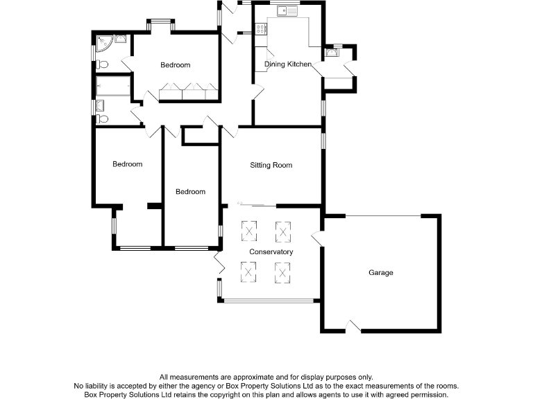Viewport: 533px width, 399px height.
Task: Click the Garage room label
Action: point(380,272)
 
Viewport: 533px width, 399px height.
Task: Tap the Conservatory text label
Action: point(271,251)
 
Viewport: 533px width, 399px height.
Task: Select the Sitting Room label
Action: point(271,165)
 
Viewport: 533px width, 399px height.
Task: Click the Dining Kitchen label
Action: point(287,64)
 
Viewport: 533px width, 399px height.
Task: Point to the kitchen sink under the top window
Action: point(287,11)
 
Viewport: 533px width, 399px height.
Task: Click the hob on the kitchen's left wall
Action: point(261,29)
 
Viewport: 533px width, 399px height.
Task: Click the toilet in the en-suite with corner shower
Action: point(103,64)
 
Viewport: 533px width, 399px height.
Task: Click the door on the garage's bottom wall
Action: point(353,326)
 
